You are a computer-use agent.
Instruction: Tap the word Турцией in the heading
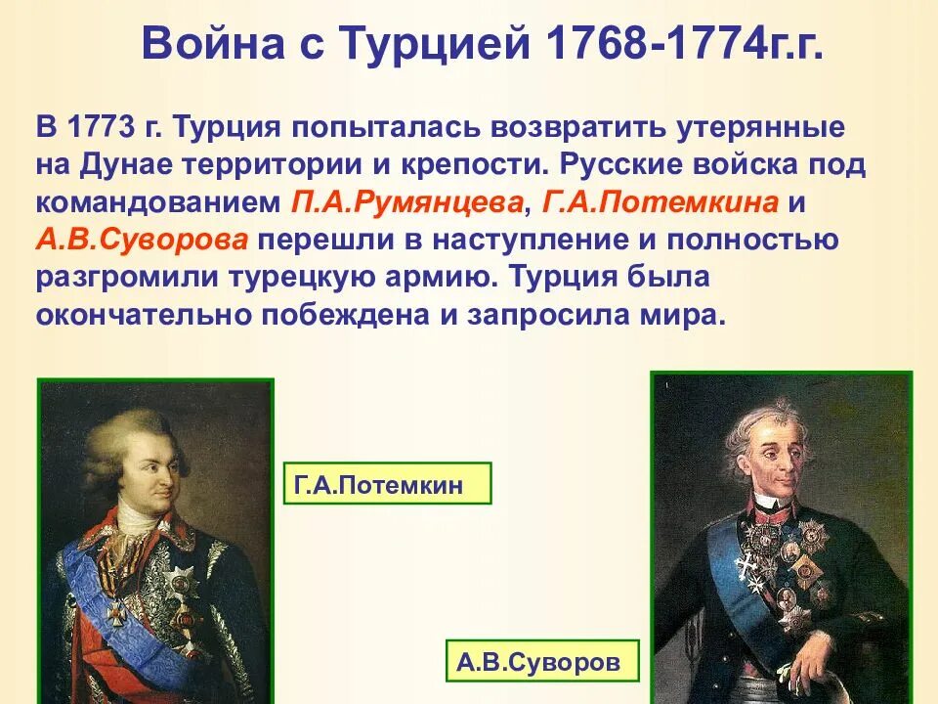click(x=430, y=45)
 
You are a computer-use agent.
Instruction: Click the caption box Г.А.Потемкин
click(x=387, y=484)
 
